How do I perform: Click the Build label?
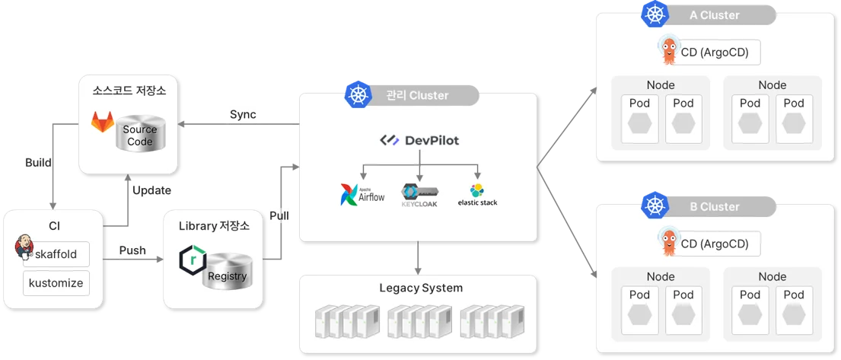point(38,163)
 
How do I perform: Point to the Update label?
point(151,190)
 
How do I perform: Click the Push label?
point(132,250)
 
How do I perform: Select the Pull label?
point(279,215)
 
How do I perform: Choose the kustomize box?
point(56,283)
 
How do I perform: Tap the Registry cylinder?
point(227,270)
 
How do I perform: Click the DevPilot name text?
point(431,141)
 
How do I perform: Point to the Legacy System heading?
point(420,288)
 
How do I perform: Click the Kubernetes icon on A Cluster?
point(654,14)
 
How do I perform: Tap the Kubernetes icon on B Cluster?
point(654,205)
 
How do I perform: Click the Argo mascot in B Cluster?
point(667,242)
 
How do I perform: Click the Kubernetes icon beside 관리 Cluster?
point(357,94)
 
